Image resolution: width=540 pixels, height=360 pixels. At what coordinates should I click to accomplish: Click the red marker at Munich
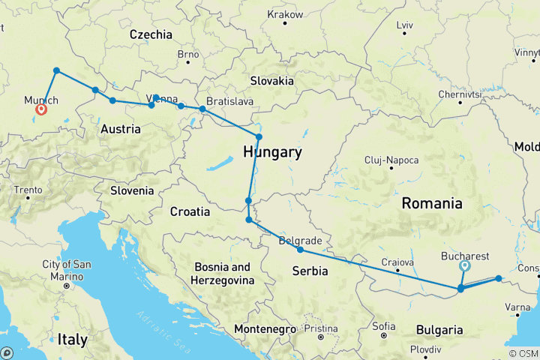pos(41,109)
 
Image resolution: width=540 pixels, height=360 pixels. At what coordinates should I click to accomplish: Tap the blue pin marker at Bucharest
pos(466,265)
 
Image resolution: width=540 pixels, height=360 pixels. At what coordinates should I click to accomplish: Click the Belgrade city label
pos(300,241)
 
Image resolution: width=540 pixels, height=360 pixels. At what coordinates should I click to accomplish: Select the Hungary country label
pos(272,153)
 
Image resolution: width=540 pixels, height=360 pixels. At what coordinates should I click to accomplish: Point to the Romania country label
pos(431,203)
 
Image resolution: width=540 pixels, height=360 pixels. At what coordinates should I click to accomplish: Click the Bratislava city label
pos(230,101)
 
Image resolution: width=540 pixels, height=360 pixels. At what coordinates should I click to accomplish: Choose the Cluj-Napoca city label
pos(391,160)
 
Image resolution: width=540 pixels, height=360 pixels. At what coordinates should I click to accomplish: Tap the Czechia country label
pos(151,34)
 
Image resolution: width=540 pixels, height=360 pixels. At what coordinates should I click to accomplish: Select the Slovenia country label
pos(131,190)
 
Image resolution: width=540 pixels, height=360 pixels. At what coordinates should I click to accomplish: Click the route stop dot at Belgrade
pos(300,250)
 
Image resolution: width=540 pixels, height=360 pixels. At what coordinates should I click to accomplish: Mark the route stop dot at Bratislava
pos(202,109)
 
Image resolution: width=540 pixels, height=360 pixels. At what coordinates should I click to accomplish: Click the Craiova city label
pos(397,262)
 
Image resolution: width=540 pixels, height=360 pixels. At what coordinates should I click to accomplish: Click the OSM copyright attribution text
pos(523,353)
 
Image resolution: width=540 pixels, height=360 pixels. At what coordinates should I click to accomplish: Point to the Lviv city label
pos(405,25)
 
